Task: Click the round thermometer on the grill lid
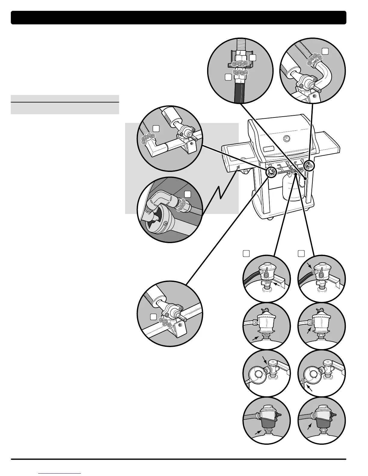tap(287, 139)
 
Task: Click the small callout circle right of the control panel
tap(309, 165)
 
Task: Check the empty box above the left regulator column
tap(246, 254)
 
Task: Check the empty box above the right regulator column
tap(301, 254)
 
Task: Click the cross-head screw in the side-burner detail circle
tap(166, 223)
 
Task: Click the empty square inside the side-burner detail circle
tap(188, 194)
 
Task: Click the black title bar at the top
tap(179, 17)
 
